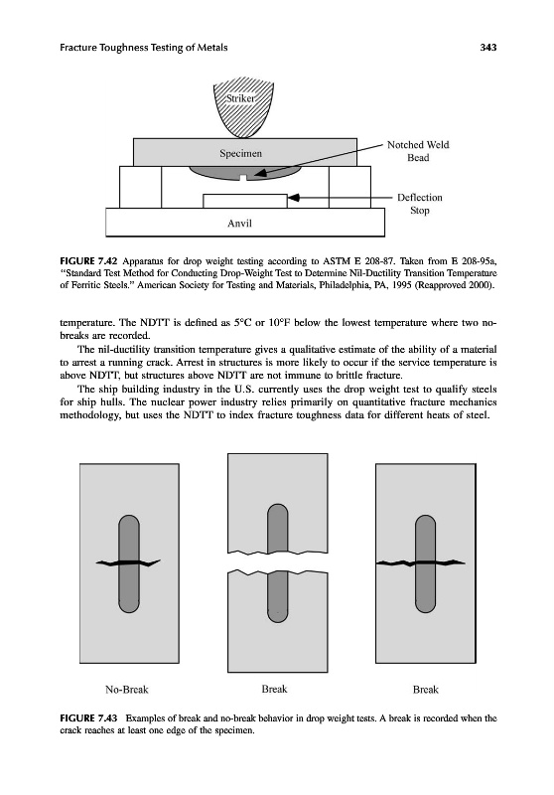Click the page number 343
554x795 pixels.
pyautogui.click(x=488, y=48)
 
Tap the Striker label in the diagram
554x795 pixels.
pyautogui.click(x=240, y=98)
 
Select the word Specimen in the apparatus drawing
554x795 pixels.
pyautogui.click(x=240, y=153)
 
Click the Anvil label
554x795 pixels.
pyautogui.click(x=239, y=223)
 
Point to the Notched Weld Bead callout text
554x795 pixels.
pyautogui.click(x=418, y=151)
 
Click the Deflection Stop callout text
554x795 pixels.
pyautogui.click(x=419, y=204)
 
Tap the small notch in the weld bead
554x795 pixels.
pyautogui.click(x=243, y=177)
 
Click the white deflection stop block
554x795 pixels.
pyautogui.click(x=245, y=201)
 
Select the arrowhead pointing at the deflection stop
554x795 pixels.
pyautogui.click(x=293, y=197)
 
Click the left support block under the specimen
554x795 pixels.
pyautogui.click(x=140, y=187)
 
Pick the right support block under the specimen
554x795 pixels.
pyautogui.click(x=349, y=187)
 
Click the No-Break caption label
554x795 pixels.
pyautogui.click(x=127, y=690)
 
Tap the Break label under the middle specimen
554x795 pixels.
pyautogui.click(x=274, y=689)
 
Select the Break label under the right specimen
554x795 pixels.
pyautogui.click(x=425, y=690)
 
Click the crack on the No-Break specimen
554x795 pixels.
pyautogui.click(x=128, y=562)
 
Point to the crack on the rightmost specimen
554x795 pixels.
pyautogui.click(x=420, y=562)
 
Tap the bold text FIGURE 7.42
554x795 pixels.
pyautogui.click(x=88, y=261)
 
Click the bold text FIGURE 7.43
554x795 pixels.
pyautogui.click(x=88, y=718)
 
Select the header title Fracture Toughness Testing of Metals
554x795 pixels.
pyautogui.click(x=144, y=48)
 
